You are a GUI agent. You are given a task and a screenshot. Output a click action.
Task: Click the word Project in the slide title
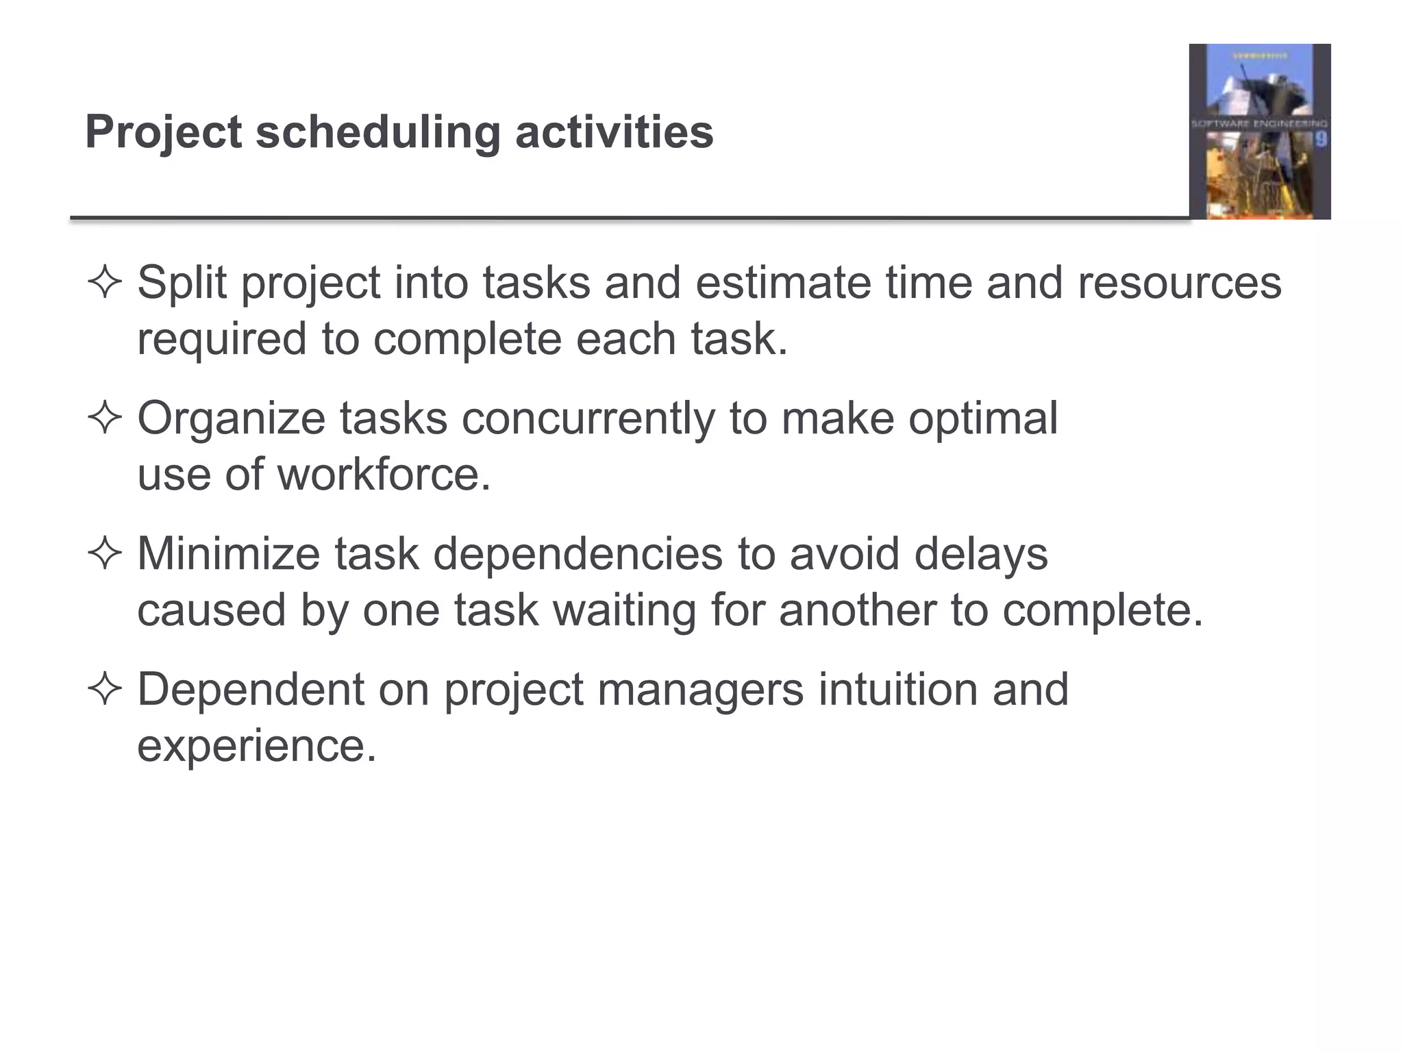pyautogui.click(x=163, y=132)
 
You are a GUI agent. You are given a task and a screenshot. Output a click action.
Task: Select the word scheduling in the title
pyautogui.click(x=378, y=132)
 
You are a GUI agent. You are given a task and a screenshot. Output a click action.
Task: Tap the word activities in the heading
pyautogui.click(x=614, y=132)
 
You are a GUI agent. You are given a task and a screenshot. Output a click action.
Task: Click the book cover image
pyautogui.click(x=1259, y=131)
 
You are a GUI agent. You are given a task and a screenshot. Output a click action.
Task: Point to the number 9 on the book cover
pyautogui.click(x=1320, y=140)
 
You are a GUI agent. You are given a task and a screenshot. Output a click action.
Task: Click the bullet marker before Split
pyautogui.click(x=105, y=283)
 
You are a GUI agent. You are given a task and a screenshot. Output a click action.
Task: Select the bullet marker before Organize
pyautogui.click(x=105, y=418)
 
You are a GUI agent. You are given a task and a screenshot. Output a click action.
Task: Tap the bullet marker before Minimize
pyautogui.click(x=105, y=553)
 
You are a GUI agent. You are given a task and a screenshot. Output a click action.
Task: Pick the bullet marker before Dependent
pyautogui.click(x=105, y=689)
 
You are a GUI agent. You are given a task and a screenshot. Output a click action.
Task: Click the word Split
pyautogui.click(x=182, y=283)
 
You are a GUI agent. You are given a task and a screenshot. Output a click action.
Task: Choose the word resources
pyautogui.click(x=1179, y=283)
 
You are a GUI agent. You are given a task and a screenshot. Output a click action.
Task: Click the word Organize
pyautogui.click(x=231, y=418)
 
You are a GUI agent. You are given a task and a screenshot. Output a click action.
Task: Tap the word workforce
pyautogui.click(x=384, y=475)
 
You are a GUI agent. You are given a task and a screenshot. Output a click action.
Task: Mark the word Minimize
pyautogui.click(x=228, y=553)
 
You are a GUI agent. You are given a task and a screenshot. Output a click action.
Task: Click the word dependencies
pyautogui.click(x=578, y=553)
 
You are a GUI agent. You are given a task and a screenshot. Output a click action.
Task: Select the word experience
pyautogui.click(x=257, y=745)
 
